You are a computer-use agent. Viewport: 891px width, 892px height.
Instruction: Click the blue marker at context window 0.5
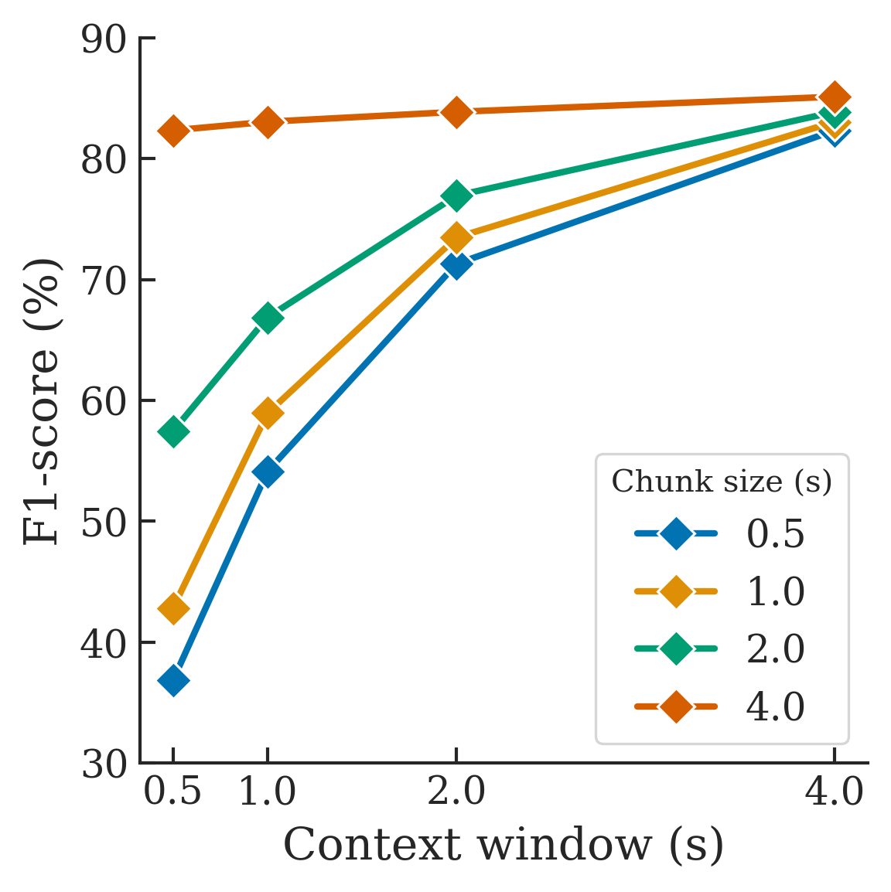coord(173,681)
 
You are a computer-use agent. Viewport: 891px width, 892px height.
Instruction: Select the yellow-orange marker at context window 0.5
coord(173,609)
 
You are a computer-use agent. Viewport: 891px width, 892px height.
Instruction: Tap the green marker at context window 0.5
coord(173,431)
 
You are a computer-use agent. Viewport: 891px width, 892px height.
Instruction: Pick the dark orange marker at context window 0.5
coord(173,131)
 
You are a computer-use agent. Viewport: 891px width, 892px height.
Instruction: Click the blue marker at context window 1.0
coord(268,472)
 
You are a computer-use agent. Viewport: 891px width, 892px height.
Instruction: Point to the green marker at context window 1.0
coord(268,318)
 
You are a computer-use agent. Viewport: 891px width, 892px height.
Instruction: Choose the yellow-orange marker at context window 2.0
coord(456,238)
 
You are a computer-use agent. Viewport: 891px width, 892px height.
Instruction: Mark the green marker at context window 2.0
coord(456,196)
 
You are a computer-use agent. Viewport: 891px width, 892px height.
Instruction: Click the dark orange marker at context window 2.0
coord(456,112)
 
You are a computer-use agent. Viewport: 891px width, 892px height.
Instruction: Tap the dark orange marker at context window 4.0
coord(834,97)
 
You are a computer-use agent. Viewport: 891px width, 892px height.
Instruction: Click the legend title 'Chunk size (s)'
coord(722,482)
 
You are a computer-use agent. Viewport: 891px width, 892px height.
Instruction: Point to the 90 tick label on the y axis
coord(103,39)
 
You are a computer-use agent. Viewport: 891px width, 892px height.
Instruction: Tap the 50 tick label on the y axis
coord(103,522)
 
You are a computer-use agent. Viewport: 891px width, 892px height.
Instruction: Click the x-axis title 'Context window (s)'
coord(504,845)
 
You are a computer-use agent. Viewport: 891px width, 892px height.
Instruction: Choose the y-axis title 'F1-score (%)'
coord(43,400)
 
